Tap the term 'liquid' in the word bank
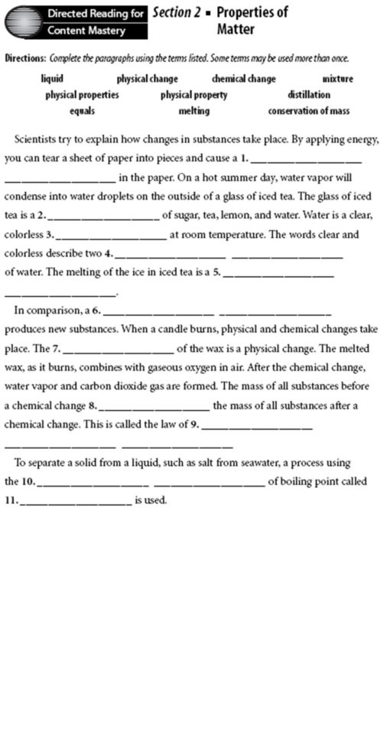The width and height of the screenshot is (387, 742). coord(52,79)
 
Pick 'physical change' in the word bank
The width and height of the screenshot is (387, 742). coord(147,79)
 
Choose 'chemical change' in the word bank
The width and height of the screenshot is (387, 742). coord(243,79)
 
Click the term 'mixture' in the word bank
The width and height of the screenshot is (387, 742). coord(337,79)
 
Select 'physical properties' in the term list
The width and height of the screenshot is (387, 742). coord(82,95)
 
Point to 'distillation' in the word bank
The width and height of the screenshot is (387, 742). coord(309,95)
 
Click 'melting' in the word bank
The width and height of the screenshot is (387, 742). coord(193,111)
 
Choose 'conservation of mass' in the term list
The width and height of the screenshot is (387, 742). coord(308,111)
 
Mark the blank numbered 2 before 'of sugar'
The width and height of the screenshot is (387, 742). coord(104,219)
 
